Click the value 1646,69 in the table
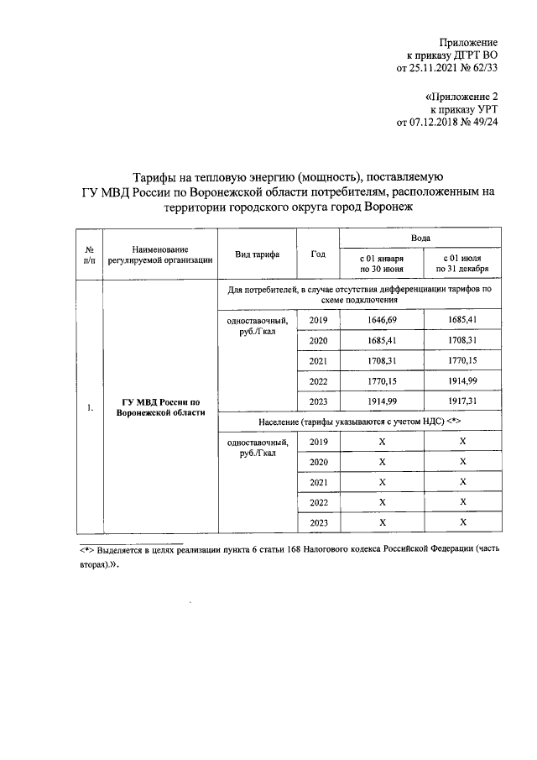click(x=382, y=320)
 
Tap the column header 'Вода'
click(x=421, y=239)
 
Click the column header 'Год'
click(x=318, y=254)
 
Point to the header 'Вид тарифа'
click(x=257, y=254)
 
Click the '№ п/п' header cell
click(x=89, y=254)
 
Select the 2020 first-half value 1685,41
click(x=382, y=340)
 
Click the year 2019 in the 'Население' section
click(x=319, y=442)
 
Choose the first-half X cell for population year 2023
click(x=382, y=522)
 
